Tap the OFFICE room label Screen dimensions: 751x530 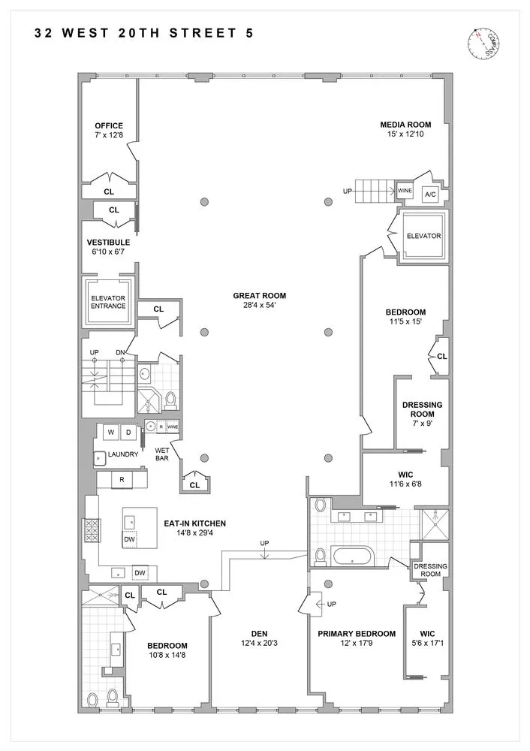[x=109, y=125]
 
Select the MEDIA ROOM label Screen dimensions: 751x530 [x=404, y=125]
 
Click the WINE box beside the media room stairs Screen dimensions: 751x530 [x=405, y=191]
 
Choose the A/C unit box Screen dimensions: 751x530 [x=431, y=195]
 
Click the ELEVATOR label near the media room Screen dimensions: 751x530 [x=423, y=236]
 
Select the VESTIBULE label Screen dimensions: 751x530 [x=109, y=243]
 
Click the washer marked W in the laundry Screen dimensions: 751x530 [x=110, y=432]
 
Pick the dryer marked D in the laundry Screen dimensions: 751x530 [x=128, y=432]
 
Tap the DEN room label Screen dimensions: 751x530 [x=259, y=633]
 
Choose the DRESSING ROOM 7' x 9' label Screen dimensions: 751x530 [x=423, y=409]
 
